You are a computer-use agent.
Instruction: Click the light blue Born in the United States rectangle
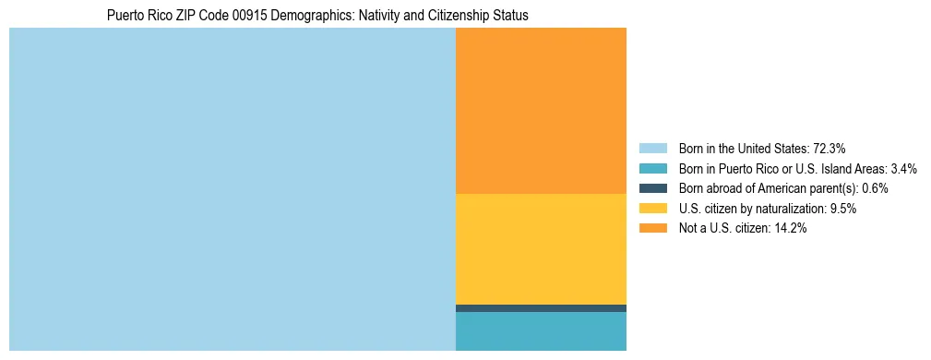pos(232,189)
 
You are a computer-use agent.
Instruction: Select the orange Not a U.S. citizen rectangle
pos(541,111)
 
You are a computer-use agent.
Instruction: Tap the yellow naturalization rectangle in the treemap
pos(541,248)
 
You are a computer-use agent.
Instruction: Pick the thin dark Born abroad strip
pos(541,308)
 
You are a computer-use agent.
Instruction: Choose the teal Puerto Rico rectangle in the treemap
pos(541,331)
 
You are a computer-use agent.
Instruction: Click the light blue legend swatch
pos(653,148)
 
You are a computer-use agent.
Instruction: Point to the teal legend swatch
pos(653,168)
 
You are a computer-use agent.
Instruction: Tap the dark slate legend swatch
pos(653,188)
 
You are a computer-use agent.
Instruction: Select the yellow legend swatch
pos(653,209)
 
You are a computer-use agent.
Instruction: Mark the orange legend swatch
pos(653,228)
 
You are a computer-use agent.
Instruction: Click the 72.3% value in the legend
pos(830,148)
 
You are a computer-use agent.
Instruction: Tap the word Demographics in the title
pos(312,16)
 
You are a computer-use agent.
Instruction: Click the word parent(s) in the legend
pos(831,188)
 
